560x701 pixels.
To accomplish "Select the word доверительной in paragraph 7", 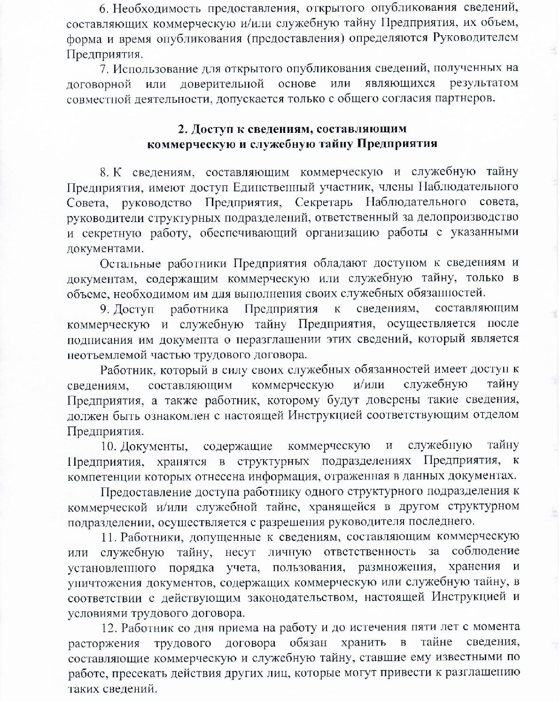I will click(222, 84).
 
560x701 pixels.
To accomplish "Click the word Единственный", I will click(272, 187).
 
